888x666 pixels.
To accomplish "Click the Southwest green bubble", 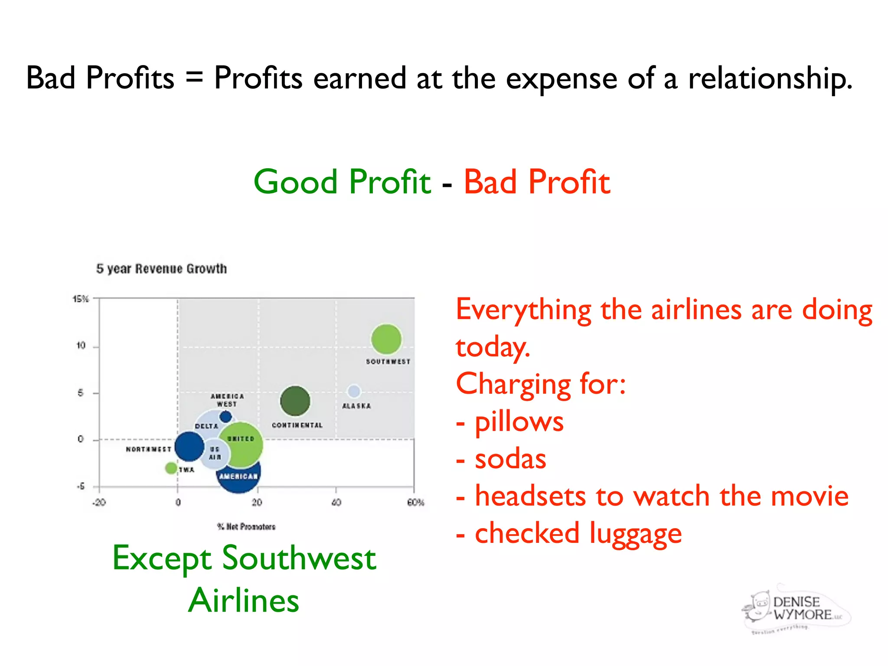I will click(386, 339).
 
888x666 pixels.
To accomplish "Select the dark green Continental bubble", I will click(295, 401).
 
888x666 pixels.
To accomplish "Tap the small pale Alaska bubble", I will click(354, 391).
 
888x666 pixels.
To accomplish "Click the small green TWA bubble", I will click(171, 468).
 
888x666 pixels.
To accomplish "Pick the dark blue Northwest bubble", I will click(189, 446).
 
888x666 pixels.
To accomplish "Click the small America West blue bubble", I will click(225, 417).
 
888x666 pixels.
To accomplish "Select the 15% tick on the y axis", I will click(81, 299).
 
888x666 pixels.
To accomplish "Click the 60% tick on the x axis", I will click(415, 503).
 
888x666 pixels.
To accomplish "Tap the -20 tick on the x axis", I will click(99, 503).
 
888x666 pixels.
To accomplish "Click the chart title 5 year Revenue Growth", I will click(161, 269).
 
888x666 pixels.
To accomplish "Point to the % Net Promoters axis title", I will click(246, 527).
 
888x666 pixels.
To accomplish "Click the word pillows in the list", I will click(519, 422).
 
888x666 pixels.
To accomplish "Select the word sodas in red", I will click(510, 459).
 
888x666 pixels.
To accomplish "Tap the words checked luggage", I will click(578, 534).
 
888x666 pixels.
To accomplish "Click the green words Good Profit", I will click(342, 182).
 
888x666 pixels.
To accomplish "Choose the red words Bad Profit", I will click(537, 182).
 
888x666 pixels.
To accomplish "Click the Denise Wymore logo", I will click(796, 609).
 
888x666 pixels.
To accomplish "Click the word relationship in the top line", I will click(770, 78).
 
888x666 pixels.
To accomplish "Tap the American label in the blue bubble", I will click(238, 477).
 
